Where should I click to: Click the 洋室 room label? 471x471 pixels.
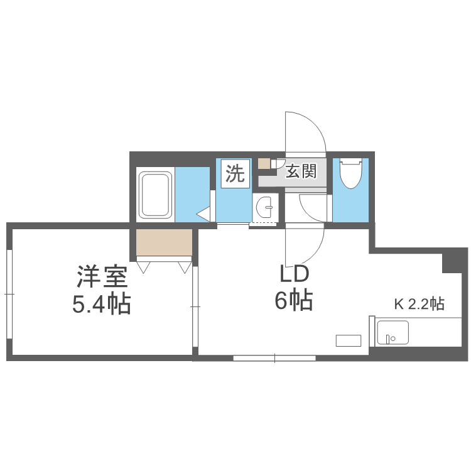pyautogui.click(x=102, y=277)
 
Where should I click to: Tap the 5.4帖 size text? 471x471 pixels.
pyautogui.click(x=102, y=305)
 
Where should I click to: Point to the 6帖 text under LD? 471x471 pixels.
pyautogui.click(x=293, y=302)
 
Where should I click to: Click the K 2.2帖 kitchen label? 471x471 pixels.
pyautogui.click(x=419, y=305)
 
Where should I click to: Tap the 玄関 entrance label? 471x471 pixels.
pyautogui.click(x=301, y=171)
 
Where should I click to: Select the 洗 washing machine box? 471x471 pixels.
pyautogui.click(x=235, y=173)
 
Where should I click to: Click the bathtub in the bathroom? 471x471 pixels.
pyautogui.click(x=154, y=195)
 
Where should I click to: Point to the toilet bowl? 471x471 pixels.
pyautogui.click(x=349, y=173)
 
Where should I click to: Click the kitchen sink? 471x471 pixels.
pyautogui.click(x=392, y=333)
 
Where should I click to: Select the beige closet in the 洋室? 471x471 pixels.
pyautogui.click(x=164, y=243)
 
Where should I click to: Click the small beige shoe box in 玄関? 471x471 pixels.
pyautogui.click(x=264, y=164)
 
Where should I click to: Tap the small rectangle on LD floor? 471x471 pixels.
pyautogui.click(x=349, y=340)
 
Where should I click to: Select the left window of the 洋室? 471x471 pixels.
pyautogui.click(x=9, y=293)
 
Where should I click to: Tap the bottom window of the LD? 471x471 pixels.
pyautogui.click(x=274, y=358)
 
